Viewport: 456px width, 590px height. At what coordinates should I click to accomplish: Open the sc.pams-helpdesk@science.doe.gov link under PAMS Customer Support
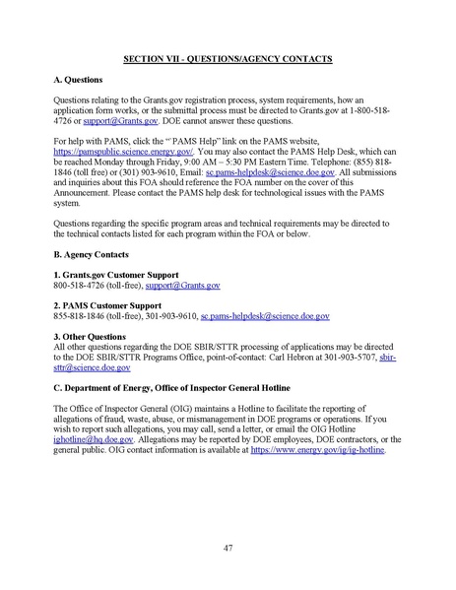click(265, 316)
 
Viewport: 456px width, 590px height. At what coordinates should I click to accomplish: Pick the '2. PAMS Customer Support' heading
click(108, 306)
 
